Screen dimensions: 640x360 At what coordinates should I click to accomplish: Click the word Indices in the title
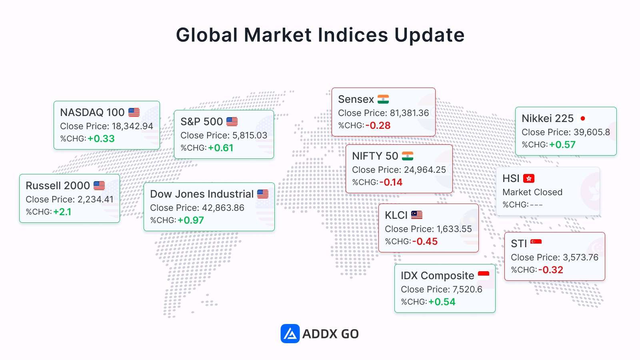353,35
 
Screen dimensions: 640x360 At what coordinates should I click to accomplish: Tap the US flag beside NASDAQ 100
134,112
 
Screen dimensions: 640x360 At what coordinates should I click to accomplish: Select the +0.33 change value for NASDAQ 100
101,138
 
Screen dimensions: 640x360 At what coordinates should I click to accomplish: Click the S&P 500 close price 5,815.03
250,135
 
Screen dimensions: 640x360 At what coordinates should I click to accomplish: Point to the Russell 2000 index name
58,186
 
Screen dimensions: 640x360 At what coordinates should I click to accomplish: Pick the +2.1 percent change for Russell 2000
62,212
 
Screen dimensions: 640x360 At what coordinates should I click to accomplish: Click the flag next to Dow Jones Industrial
263,194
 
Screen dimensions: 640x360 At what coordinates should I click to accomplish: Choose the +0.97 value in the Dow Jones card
191,220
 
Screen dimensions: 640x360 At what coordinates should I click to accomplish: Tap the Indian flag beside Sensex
383,99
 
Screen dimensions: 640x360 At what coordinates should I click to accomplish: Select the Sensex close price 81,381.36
410,113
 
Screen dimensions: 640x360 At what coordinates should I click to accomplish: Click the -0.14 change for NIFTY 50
391,182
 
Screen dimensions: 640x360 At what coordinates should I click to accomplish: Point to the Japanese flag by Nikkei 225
583,118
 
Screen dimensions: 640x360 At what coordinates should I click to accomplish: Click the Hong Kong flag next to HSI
529,178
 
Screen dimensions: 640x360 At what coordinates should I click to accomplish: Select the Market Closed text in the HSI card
532,192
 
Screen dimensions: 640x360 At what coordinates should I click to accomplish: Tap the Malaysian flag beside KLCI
417,215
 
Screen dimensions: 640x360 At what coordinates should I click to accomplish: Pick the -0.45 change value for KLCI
425,242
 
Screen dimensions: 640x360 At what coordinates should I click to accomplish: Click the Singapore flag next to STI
536,242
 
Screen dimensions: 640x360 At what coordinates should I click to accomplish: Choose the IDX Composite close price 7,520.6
468,289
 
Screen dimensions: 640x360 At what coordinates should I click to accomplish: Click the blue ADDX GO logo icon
290,334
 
